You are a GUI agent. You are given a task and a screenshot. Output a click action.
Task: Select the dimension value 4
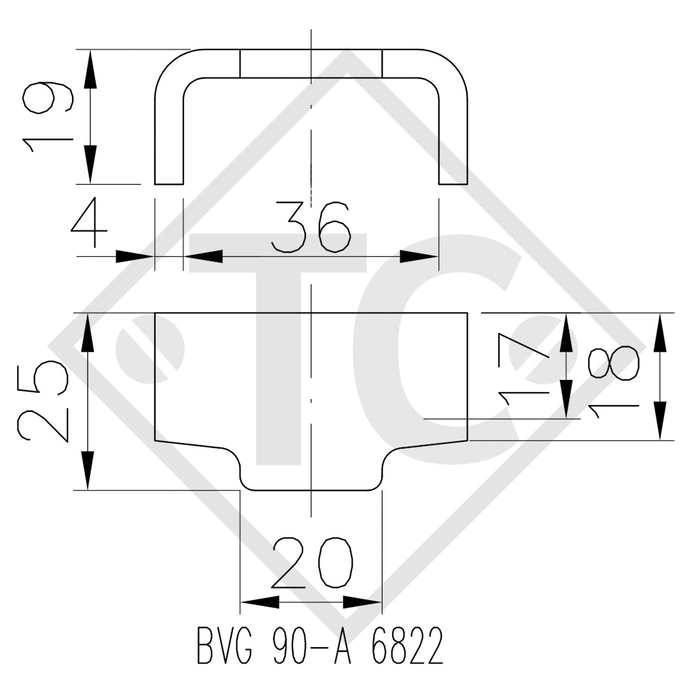pos(90,225)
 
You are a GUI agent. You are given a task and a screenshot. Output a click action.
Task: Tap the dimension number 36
pos(311,227)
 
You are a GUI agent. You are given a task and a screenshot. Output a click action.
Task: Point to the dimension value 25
pos(42,401)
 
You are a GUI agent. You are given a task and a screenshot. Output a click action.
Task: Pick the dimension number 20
pos(313,564)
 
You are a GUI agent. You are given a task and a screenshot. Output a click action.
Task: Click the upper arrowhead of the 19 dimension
pos(90,68)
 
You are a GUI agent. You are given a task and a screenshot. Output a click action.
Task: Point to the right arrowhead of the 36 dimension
pos(419,256)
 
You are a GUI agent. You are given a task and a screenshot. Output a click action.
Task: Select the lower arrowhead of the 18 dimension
pos(659,421)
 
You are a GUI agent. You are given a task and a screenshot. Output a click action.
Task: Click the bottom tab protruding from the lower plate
pos(311,472)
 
